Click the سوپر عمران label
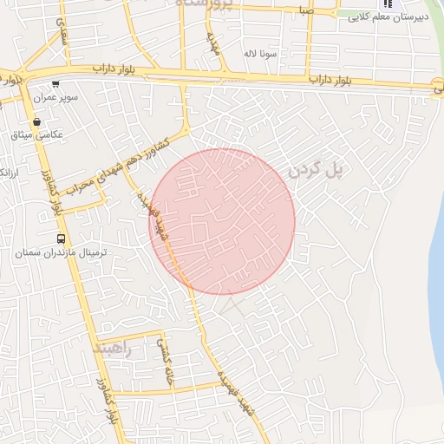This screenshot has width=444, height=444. click(x=56, y=98)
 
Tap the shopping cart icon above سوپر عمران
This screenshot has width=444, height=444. click(x=56, y=85)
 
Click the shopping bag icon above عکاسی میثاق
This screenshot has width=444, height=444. click(x=36, y=122)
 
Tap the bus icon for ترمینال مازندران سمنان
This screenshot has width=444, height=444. click(x=61, y=238)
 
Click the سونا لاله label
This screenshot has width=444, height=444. click(x=260, y=53)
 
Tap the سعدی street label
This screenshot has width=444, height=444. click(x=62, y=34)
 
